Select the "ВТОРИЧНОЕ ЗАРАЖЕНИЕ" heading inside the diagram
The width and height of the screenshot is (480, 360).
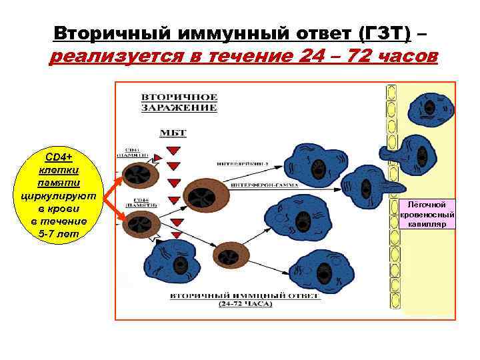(179, 102)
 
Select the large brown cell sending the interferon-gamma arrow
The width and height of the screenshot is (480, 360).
(203, 196)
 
